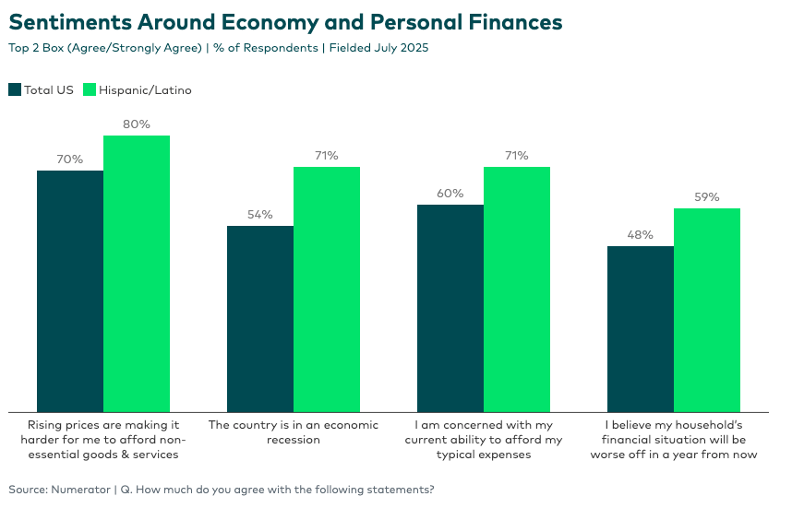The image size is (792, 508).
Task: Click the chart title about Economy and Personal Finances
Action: coord(285,21)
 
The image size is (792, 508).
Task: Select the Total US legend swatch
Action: coord(15,89)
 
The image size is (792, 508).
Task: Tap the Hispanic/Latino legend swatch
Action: coord(90,89)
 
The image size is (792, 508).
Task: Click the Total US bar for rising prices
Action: coord(70,290)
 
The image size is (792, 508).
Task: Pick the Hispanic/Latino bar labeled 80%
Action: coord(137,273)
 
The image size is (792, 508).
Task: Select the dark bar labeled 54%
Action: coord(260,318)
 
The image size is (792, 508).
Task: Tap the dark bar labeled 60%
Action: coord(450,308)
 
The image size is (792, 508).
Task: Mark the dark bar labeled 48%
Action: coord(641,328)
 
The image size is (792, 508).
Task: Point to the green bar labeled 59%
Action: coord(707,310)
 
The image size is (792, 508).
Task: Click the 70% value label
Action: coord(70,159)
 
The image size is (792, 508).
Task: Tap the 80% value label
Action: coord(137,124)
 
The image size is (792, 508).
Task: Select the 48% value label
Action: coord(641,235)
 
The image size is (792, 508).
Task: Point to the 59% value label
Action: coord(707,197)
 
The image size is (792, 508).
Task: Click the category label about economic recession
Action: coord(294,432)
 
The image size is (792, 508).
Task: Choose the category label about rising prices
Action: coord(102,440)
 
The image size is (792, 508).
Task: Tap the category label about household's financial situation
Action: coord(674,440)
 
